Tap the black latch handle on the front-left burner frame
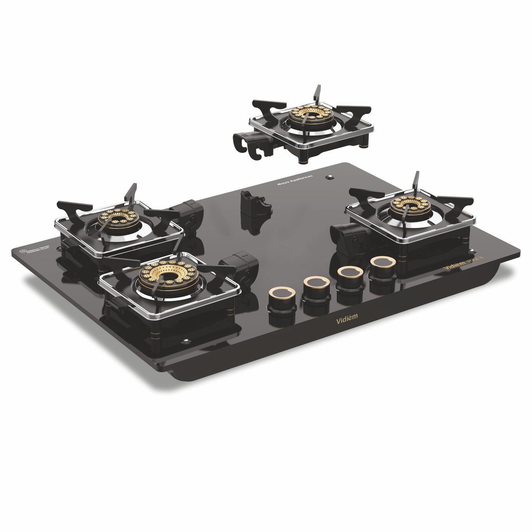click(117, 303)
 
